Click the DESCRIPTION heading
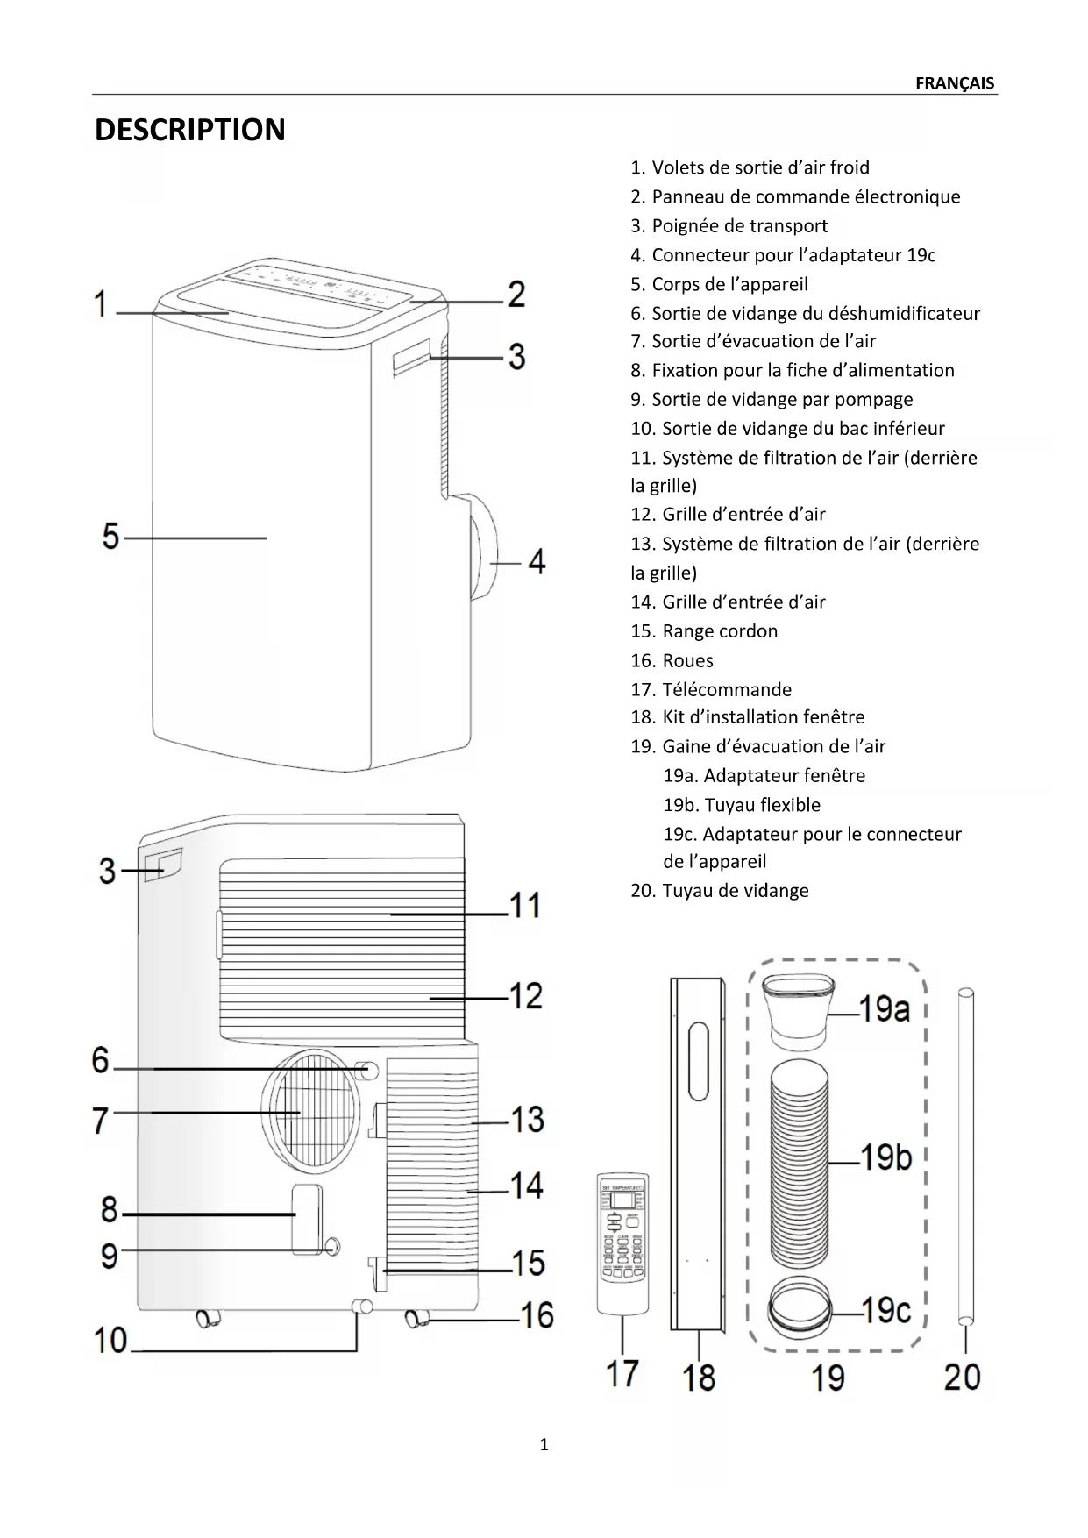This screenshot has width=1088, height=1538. click(x=189, y=130)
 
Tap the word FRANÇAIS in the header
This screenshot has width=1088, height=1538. click(x=954, y=83)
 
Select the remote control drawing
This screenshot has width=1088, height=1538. click(x=622, y=1243)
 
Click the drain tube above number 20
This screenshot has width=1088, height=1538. click(x=965, y=1157)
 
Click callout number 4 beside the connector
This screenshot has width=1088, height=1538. click(x=537, y=561)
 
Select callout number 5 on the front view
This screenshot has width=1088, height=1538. click(x=110, y=536)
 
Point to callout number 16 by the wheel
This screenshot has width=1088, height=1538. click(x=537, y=1314)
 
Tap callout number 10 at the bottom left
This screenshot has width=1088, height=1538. click(x=111, y=1340)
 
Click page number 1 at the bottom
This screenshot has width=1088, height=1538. click(x=544, y=1445)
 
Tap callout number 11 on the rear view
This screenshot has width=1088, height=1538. click(x=525, y=904)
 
